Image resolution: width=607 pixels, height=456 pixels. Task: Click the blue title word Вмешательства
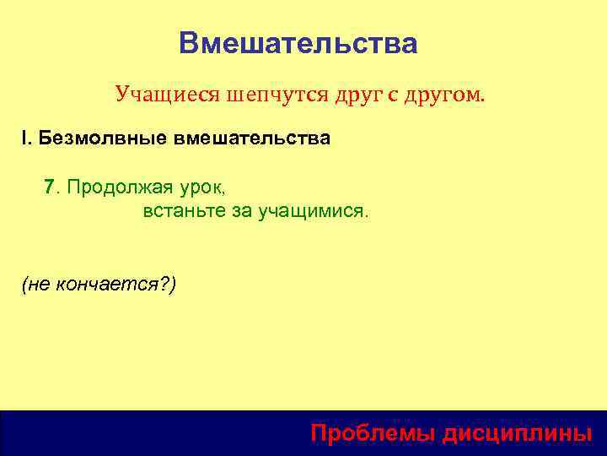pos(298,43)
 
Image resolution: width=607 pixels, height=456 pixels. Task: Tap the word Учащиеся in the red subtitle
pos(168,95)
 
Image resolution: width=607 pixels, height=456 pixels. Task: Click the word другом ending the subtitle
pos(444,95)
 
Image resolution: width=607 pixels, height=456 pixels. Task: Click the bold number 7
pos(50,187)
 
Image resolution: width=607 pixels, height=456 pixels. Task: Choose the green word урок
pos(201,187)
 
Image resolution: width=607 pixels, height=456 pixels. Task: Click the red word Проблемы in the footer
pos(373,433)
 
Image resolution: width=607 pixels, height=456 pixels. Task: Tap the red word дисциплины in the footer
pos(518,433)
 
